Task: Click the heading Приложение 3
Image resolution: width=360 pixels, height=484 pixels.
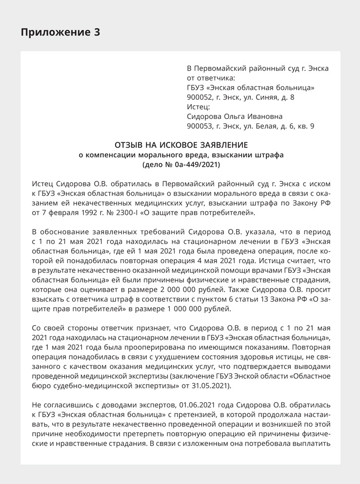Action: (60, 33)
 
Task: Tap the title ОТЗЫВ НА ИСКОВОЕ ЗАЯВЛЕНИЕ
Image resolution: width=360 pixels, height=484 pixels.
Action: (181, 145)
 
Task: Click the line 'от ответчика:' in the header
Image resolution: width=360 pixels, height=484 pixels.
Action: (210, 78)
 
